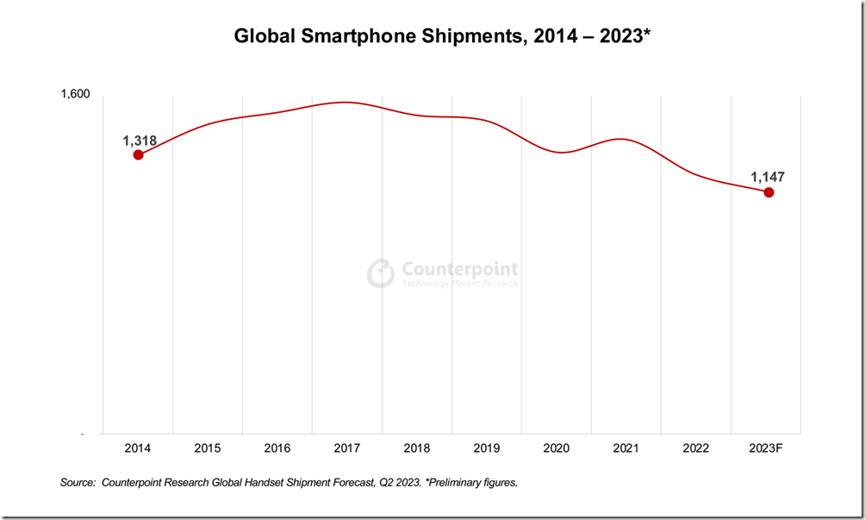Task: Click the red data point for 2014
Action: pyautogui.click(x=138, y=154)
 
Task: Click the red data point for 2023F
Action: pyautogui.click(x=769, y=192)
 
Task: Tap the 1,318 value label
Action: pyautogui.click(x=140, y=140)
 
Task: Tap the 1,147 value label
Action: pyautogui.click(x=768, y=177)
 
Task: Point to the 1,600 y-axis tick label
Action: pyautogui.click(x=75, y=95)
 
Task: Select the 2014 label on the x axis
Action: pyautogui.click(x=138, y=448)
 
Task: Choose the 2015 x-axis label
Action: pyautogui.click(x=208, y=448)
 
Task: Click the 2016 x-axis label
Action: pyautogui.click(x=277, y=448)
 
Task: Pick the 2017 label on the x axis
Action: pyautogui.click(x=347, y=448)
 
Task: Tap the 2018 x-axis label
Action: pyautogui.click(x=417, y=448)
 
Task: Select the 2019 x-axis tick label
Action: pyautogui.click(x=487, y=448)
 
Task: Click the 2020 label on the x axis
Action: pyautogui.click(x=557, y=448)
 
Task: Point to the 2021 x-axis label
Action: pyautogui.click(x=626, y=448)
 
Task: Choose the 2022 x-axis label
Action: pyautogui.click(x=696, y=448)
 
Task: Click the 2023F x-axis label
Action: pyautogui.click(x=766, y=448)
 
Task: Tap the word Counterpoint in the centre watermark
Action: pyautogui.click(x=460, y=269)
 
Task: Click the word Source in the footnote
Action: pyautogui.click(x=77, y=483)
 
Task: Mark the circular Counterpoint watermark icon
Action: pyautogui.click(x=381, y=273)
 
